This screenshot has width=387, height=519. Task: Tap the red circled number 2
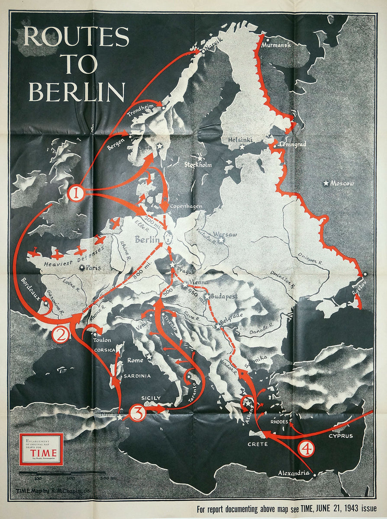[x=61, y=334]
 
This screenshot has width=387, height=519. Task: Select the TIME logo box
[x=41, y=449]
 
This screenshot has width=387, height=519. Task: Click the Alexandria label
[x=294, y=473]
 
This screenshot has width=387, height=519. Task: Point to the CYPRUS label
[x=340, y=436]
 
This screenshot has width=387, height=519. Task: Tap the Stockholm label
[x=198, y=165]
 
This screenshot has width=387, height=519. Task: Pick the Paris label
[x=93, y=268]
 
